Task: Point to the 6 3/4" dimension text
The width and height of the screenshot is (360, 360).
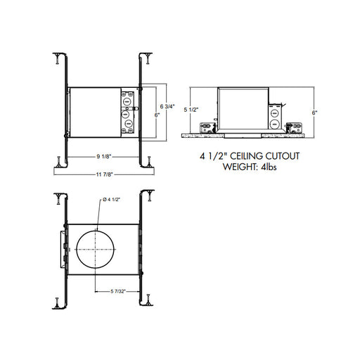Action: pos(167,106)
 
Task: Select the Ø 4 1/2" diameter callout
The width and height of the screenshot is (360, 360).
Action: pos(111,200)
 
